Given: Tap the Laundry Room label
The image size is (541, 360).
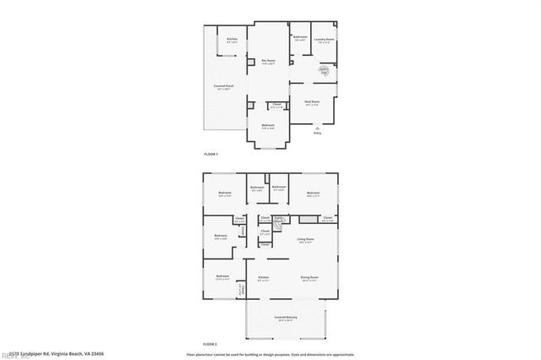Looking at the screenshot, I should [325, 40].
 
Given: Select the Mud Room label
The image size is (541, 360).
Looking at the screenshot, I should [311, 102].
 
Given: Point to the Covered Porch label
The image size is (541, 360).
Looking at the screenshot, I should [224, 86].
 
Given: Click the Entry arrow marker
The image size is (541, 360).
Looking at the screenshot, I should [317, 128].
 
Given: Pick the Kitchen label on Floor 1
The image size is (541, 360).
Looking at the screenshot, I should [232, 40].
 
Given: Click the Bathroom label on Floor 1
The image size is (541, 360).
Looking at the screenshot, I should [299, 37].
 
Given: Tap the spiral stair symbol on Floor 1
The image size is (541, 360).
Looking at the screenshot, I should [324, 71].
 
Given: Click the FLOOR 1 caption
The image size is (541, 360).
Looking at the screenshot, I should [210, 155].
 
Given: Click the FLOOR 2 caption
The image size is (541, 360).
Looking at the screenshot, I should [210, 345].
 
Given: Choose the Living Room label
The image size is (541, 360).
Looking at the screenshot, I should [305, 239].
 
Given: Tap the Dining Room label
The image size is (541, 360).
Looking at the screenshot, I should [309, 277].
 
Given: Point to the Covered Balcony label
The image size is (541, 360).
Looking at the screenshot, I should [284, 318].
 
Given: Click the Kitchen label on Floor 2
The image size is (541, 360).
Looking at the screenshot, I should [263, 277].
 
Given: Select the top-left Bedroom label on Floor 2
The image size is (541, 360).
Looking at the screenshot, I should [225, 194].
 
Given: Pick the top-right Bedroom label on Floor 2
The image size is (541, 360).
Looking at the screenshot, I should [313, 194].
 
